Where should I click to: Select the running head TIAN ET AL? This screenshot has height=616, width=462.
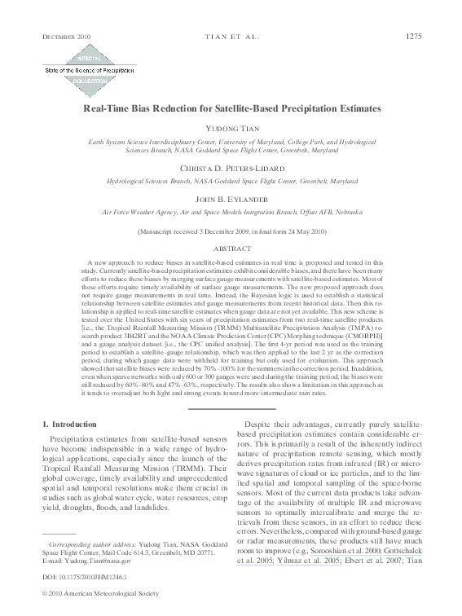(231, 36)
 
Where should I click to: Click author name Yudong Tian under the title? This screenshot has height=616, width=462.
(231, 129)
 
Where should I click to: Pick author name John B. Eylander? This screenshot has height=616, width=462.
(231, 199)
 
